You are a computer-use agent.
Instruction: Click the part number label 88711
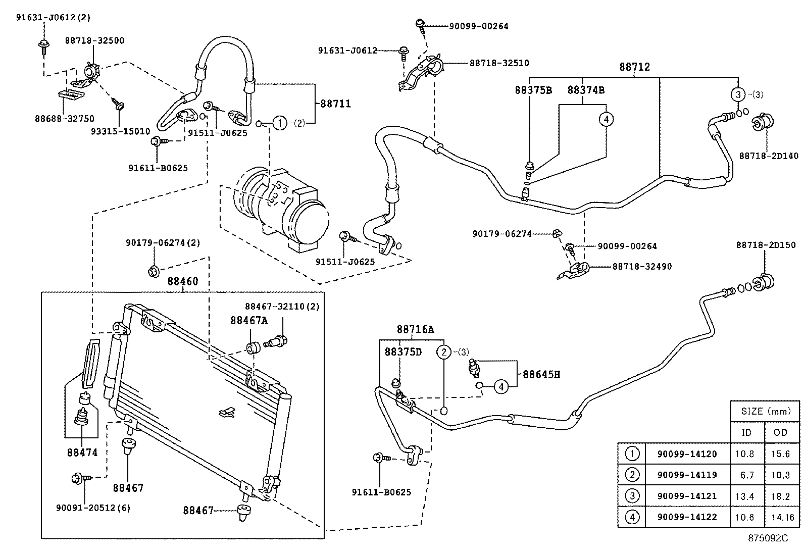click(335, 104)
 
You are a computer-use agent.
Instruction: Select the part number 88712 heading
click(635, 67)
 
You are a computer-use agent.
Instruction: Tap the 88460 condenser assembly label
click(183, 282)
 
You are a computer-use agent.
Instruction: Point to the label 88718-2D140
click(769, 156)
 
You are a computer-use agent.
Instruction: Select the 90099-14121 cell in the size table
click(687, 496)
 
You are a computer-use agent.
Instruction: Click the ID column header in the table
click(746, 432)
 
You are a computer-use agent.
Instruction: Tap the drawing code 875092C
click(768, 538)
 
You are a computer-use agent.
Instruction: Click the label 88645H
click(541, 375)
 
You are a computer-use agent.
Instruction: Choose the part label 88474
click(82, 452)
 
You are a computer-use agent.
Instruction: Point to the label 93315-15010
click(120, 131)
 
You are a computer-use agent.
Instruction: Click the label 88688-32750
click(64, 119)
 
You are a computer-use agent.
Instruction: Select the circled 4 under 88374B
click(606, 119)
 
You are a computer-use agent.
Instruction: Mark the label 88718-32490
click(642, 267)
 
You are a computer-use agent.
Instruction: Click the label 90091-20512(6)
click(93, 508)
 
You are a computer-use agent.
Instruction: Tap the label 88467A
click(249, 320)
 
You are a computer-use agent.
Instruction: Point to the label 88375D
click(403, 351)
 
